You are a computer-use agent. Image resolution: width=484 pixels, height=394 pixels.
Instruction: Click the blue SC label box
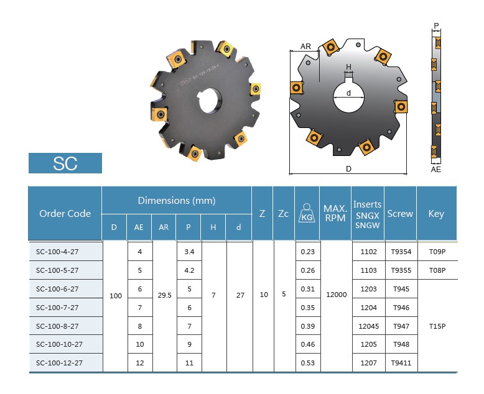(65, 163)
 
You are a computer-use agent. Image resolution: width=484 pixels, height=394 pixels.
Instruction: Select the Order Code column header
(65, 213)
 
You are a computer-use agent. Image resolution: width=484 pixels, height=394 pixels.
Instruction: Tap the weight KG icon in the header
(307, 213)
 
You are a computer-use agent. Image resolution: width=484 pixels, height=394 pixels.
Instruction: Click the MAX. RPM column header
(335, 213)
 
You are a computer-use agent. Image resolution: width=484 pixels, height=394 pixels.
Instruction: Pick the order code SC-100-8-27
(57, 326)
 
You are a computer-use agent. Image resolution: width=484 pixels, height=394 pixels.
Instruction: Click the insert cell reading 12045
(368, 326)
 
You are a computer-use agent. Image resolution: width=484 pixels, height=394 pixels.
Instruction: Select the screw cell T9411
(401, 363)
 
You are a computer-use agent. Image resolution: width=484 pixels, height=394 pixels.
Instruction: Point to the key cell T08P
(437, 270)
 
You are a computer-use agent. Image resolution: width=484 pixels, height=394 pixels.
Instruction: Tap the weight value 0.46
(308, 344)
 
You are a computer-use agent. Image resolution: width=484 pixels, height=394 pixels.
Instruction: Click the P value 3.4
(189, 252)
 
